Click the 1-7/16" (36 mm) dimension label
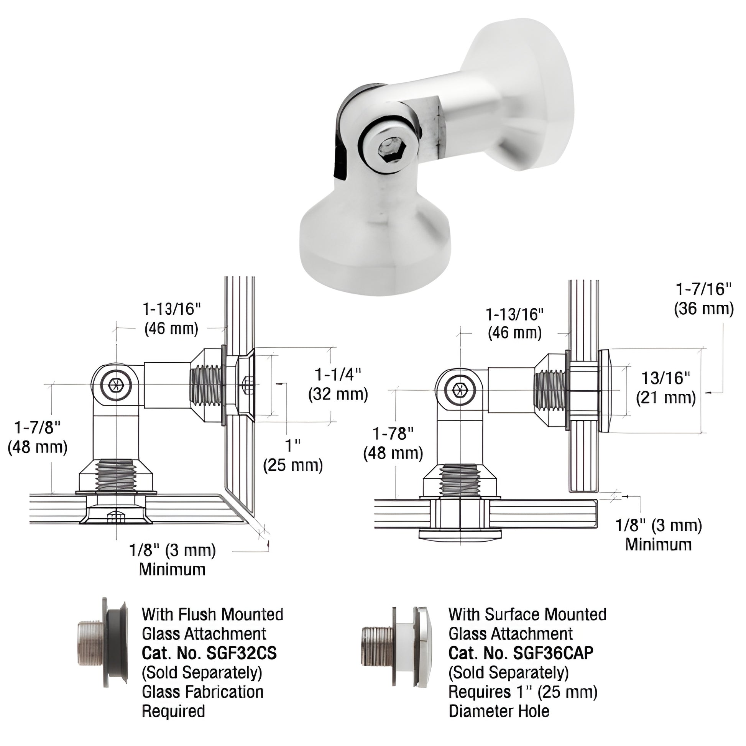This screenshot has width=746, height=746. pos(703,299)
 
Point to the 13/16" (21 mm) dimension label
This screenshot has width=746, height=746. pos(665,388)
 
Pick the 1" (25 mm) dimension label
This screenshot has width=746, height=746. pos(292,456)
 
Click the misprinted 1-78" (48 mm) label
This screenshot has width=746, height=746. pos(393,444)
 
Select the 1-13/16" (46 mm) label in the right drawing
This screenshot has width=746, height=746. pos(515,324)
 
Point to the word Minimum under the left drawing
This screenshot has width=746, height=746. pos(172,570)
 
